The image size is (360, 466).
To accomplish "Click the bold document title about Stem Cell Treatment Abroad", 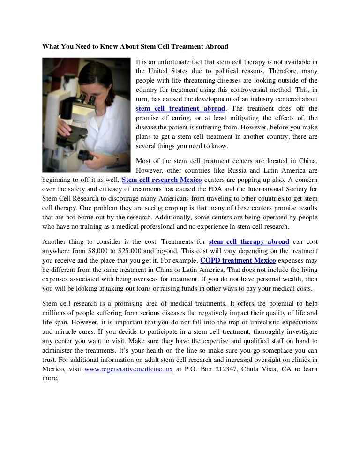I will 135,46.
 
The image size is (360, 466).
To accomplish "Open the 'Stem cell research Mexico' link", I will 162,180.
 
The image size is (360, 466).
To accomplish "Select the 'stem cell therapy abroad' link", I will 249,242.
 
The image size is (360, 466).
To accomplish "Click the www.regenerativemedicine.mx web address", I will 129,369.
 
